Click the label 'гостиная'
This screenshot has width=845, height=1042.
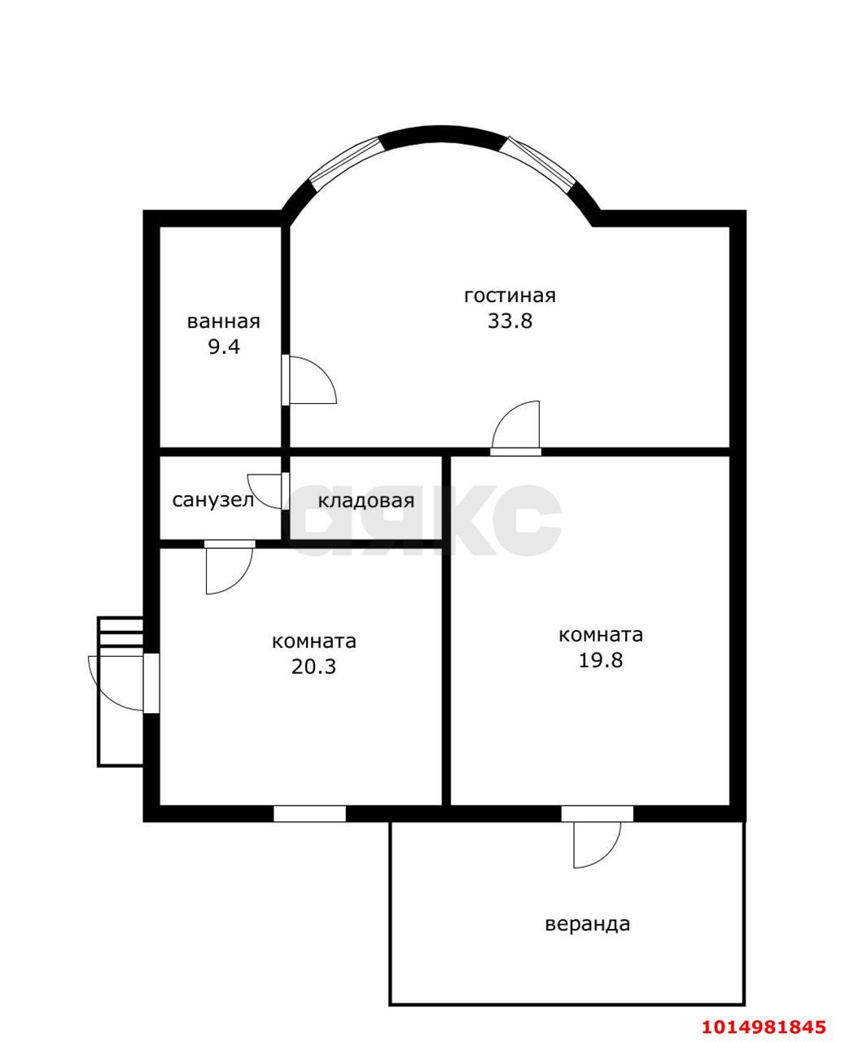pyautogui.click(x=510, y=296)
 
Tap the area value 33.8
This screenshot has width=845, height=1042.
pyautogui.click(x=510, y=321)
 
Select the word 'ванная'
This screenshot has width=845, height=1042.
pyautogui.click(x=224, y=322)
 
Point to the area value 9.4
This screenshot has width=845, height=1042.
pyautogui.click(x=224, y=347)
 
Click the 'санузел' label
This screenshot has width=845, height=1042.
pyautogui.click(x=213, y=500)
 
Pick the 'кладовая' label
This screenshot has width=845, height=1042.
pyautogui.click(x=366, y=501)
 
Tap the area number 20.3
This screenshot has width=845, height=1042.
pyautogui.click(x=313, y=666)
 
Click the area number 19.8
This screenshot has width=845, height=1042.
pyautogui.click(x=600, y=660)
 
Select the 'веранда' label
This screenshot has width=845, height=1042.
pyautogui.click(x=587, y=924)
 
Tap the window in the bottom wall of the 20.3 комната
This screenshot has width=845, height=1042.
pyautogui.click(x=309, y=813)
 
